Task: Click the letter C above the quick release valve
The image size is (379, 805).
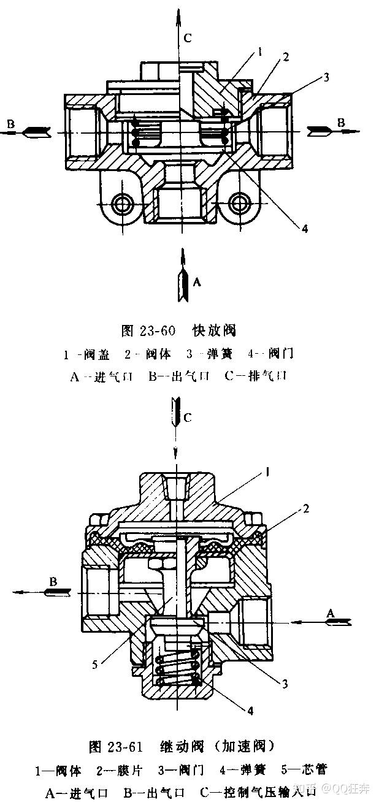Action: tap(188, 38)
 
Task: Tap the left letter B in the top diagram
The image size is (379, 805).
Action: tap(10, 124)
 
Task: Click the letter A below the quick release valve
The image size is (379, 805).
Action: tap(196, 282)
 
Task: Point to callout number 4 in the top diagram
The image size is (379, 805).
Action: tap(304, 229)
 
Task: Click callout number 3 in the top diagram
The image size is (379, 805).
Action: tap(327, 77)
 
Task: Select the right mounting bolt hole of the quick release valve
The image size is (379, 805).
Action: tap(240, 202)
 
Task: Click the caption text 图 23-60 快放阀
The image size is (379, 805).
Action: tap(178, 330)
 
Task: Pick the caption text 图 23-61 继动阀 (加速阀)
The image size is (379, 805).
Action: tap(182, 746)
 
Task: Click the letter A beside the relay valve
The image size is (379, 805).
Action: tap(331, 612)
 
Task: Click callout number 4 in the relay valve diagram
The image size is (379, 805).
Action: tap(250, 711)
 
